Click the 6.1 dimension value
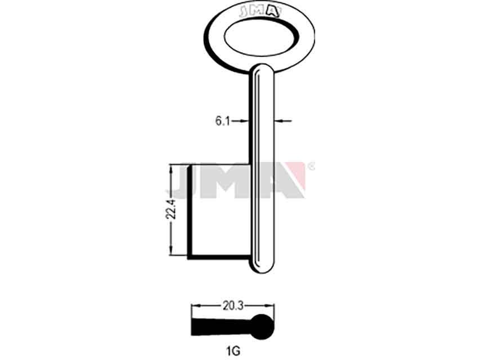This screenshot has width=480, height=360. point(222,121)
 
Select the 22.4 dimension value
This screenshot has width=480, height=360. point(170,209)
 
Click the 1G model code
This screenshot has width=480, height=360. point(234,351)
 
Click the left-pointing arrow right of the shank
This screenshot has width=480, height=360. point(283,121)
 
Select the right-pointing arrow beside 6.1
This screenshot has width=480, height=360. point(240,121)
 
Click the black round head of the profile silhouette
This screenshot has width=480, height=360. point(262,327)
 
